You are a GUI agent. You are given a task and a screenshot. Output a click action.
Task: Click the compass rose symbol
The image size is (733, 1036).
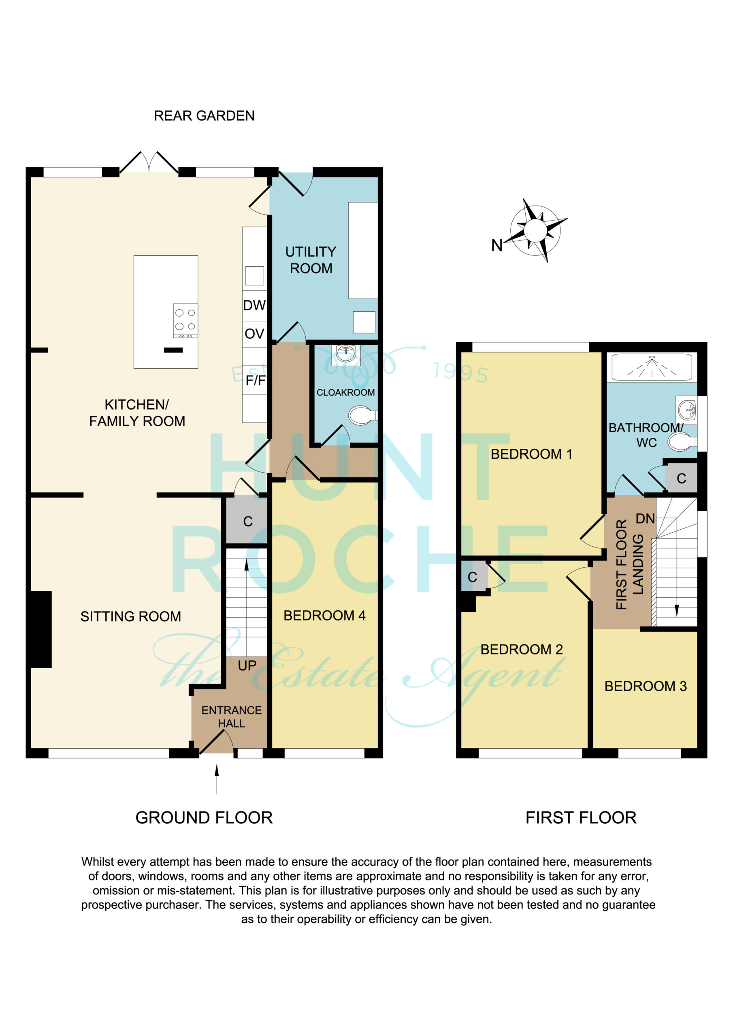click(536, 230)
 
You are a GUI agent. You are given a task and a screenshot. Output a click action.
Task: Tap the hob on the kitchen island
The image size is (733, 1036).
click(185, 321)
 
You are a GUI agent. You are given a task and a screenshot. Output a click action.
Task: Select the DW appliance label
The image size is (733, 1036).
click(254, 306)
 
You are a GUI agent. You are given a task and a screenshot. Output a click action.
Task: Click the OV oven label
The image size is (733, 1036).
click(254, 334)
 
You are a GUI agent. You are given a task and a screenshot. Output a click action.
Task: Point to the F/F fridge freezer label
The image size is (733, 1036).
click(255, 380)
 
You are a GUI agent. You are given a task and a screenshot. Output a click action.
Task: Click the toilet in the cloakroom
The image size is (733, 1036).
click(363, 415)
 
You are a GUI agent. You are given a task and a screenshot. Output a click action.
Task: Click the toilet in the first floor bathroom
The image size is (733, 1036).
click(682, 442)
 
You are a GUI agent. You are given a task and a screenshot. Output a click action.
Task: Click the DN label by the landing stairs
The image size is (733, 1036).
click(645, 519)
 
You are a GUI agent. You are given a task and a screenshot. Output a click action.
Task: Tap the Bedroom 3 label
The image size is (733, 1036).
click(646, 686)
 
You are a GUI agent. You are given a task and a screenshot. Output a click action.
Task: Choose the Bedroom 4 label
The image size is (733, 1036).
click(324, 616)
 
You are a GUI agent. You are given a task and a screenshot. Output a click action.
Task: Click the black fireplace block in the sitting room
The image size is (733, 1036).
click(41, 629)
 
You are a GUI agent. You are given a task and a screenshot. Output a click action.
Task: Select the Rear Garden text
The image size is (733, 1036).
click(204, 116)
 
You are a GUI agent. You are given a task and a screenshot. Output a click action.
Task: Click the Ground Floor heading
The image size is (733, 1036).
click(204, 817)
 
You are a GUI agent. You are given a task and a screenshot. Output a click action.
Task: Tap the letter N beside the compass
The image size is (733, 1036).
click(497, 246)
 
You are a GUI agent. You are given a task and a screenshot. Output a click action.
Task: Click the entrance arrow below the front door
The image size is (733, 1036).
click(217, 779)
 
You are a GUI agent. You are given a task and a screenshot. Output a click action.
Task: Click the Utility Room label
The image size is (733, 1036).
click(311, 260)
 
